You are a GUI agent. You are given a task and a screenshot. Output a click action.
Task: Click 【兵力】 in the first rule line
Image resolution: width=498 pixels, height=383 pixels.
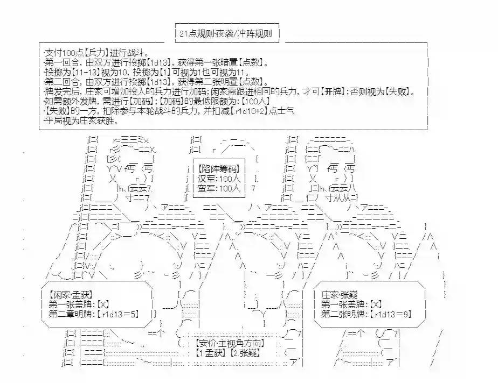95,53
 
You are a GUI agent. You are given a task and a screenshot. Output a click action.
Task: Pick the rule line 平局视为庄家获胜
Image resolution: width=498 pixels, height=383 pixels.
80,120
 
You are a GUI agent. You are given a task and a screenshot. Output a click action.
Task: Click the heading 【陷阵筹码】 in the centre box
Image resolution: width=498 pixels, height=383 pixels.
219,168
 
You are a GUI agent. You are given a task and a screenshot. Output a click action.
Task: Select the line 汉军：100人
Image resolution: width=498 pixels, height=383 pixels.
219,178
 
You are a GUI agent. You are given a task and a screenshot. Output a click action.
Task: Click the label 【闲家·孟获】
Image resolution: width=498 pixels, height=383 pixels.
67,295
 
